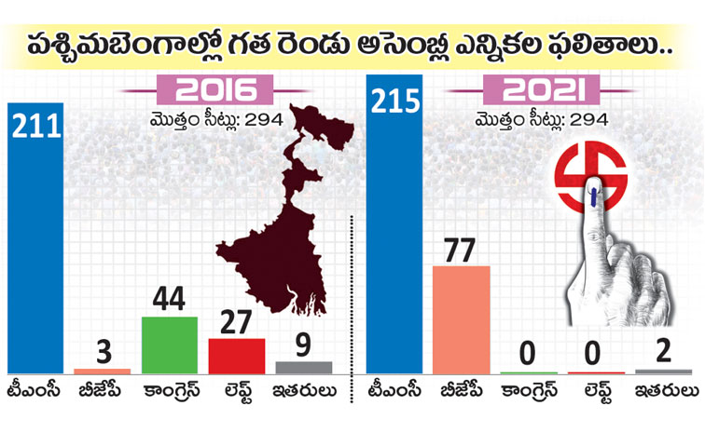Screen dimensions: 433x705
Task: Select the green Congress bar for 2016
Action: click(x=169, y=345)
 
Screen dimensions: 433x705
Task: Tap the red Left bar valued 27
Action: click(x=236, y=355)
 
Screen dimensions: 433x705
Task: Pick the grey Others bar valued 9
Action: click(x=303, y=367)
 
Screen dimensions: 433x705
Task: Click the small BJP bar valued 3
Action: click(x=103, y=371)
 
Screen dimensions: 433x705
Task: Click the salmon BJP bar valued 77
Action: click(x=462, y=319)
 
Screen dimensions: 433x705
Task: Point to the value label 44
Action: click(x=169, y=301)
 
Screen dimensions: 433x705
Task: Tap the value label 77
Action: click(x=462, y=250)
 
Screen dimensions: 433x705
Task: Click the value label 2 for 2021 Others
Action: click(x=664, y=354)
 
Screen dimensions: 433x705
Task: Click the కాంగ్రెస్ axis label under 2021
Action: click(x=529, y=392)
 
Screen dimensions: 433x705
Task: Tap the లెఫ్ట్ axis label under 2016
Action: click(x=237, y=392)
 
